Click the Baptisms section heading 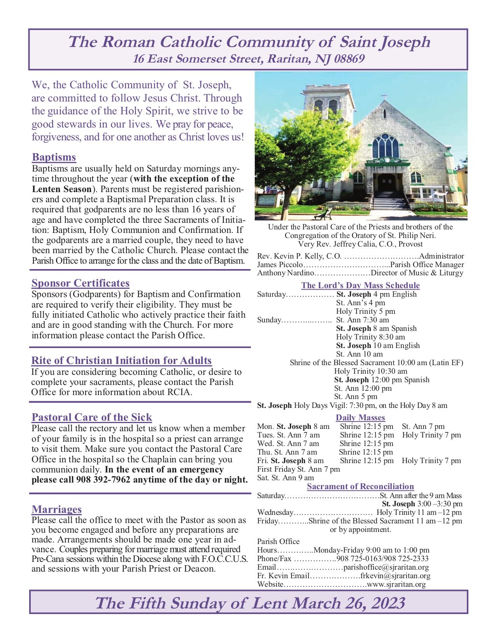pos(54,157)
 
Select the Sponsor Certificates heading pos(81,283)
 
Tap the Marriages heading pos(56,509)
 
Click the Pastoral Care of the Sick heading pos(91,417)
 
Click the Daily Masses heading pos(360,418)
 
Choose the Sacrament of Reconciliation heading pos(360,486)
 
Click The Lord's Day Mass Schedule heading pos(360,285)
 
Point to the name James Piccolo pos(277,265)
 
